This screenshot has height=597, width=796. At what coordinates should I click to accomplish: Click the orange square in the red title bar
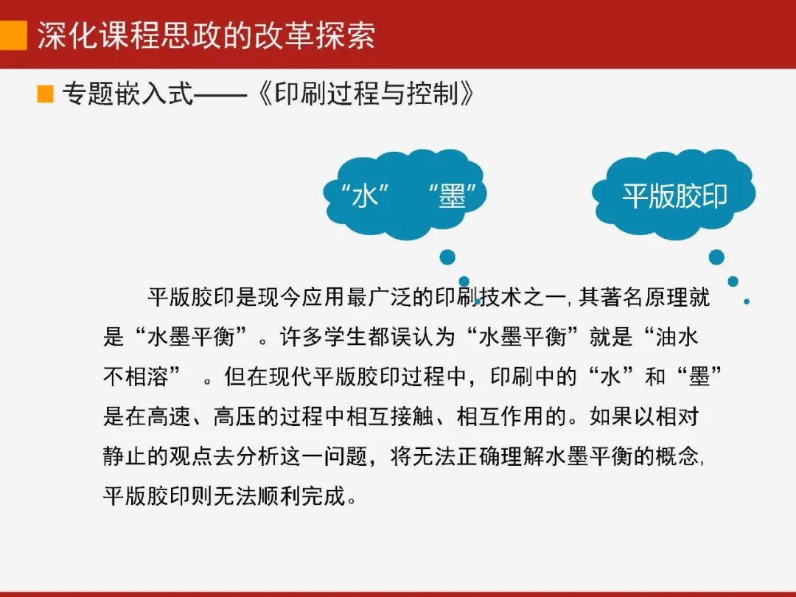(x=13, y=35)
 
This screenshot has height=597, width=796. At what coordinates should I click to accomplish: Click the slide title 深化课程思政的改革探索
(x=206, y=35)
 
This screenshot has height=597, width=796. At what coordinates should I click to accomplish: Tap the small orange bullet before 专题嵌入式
(x=46, y=94)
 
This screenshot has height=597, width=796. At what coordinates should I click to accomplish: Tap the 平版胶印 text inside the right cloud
(x=674, y=196)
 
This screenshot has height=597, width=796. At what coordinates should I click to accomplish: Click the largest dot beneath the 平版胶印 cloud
(x=716, y=256)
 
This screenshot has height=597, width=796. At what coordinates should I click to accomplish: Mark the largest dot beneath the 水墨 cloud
(x=447, y=256)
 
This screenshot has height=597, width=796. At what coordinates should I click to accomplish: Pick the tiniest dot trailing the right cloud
(x=747, y=301)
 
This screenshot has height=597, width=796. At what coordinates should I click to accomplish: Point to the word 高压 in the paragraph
(x=232, y=417)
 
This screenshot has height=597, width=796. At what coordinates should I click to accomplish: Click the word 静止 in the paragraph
(x=121, y=456)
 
